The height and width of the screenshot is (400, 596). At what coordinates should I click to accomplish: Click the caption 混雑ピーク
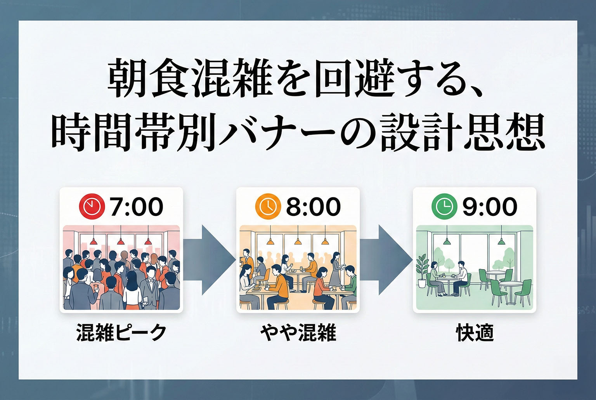pyautogui.click(x=121, y=333)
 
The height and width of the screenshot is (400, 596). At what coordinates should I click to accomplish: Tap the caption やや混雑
pyautogui.click(x=298, y=333)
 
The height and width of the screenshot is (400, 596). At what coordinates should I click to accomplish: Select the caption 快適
pyautogui.click(x=475, y=333)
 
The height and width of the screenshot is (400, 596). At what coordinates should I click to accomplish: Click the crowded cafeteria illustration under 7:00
pyautogui.click(x=121, y=268)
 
